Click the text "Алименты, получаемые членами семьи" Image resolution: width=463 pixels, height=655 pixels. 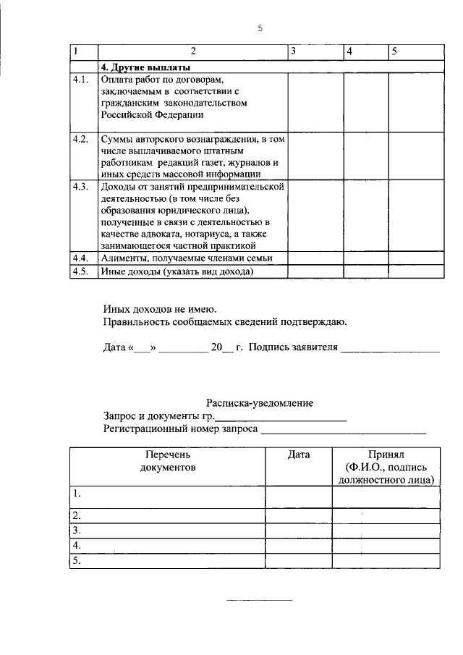(x=181, y=258)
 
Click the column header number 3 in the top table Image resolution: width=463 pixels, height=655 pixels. (x=292, y=51)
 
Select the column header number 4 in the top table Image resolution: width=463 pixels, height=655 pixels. (x=349, y=51)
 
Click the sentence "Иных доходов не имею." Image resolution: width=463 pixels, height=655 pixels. (x=150, y=309)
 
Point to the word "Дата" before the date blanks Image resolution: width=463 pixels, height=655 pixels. (x=114, y=347)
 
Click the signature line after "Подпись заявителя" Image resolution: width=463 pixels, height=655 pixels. (x=389, y=349)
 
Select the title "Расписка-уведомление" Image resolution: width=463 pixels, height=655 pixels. (x=260, y=403)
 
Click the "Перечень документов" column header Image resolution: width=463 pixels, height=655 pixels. (x=167, y=461)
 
